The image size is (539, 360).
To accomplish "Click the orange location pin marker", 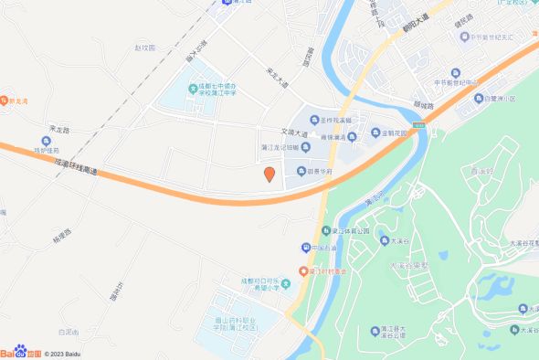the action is click(x=269, y=174).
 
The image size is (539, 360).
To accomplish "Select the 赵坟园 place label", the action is click(x=145, y=46).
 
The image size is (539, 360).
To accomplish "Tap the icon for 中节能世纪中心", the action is click(x=439, y=82).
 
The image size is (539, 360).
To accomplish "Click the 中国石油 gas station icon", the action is click(x=305, y=248).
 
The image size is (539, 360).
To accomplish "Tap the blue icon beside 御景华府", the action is click(x=300, y=171).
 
